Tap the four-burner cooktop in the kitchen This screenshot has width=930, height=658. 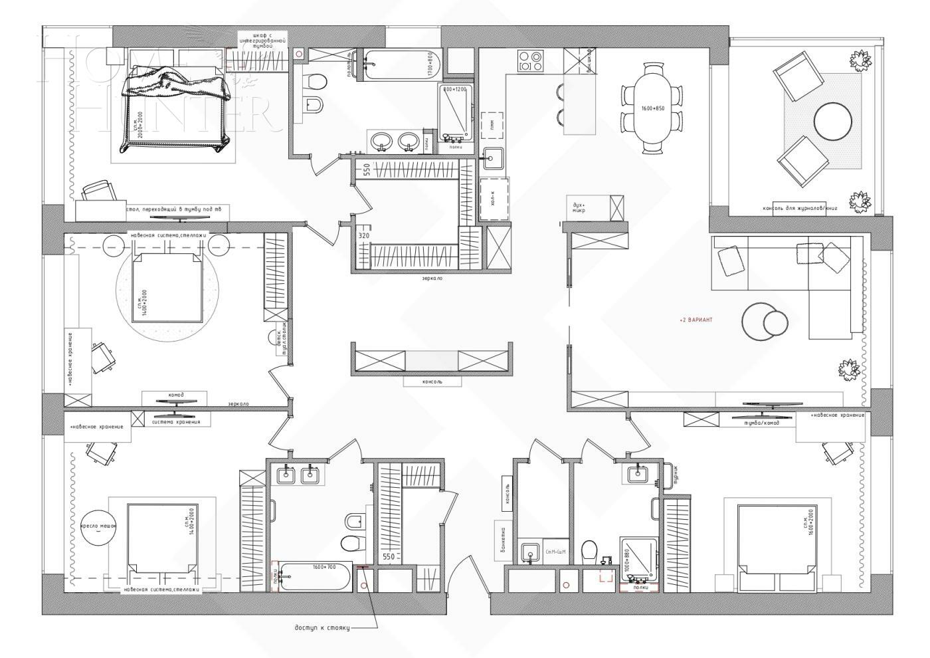point(530,61)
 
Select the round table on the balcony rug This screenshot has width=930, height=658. point(833,122)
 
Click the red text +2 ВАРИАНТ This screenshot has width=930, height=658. point(696,320)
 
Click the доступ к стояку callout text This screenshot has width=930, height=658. point(322,627)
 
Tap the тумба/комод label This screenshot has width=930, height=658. point(758,422)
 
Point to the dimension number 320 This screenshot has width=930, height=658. point(363,235)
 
